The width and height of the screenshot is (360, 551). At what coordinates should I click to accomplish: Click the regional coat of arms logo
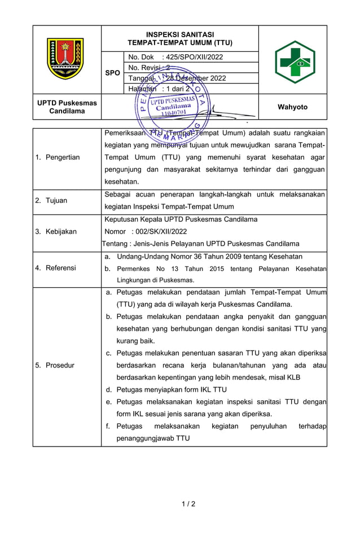coord(65,59)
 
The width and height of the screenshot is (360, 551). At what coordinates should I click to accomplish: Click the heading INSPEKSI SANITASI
coord(180,34)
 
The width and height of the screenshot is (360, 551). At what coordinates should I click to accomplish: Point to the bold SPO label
coord(112,73)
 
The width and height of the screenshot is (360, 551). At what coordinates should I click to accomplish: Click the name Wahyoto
coord(293,107)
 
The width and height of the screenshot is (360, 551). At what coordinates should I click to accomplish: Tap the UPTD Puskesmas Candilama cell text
coord(67,107)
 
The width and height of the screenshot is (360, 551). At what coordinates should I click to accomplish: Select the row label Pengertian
coord(62,158)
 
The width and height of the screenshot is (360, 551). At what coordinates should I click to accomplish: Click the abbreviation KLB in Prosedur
coord(293,377)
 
